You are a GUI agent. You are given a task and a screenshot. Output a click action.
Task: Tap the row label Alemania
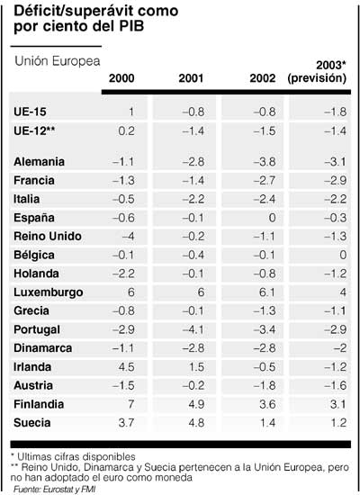pyautogui.click(x=40, y=161)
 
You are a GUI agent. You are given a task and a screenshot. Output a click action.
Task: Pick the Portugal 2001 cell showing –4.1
pyautogui.click(x=198, y=328)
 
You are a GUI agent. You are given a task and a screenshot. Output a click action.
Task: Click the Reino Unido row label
pyautogui.click(x=49, y=236)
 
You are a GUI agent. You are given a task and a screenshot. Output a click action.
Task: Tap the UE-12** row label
pyautogui.click(x=36, y=130)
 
